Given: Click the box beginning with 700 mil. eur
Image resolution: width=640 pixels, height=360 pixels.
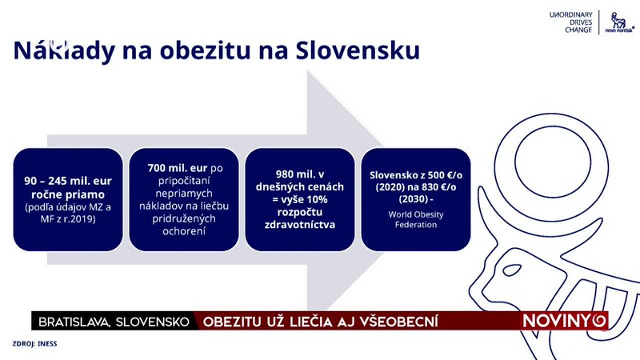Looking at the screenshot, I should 183,197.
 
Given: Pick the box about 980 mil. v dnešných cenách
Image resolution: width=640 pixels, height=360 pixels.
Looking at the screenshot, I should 300,197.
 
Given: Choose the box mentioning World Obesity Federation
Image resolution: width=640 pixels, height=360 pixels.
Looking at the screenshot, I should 415,197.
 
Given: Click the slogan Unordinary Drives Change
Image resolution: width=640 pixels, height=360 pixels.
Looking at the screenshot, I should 570,23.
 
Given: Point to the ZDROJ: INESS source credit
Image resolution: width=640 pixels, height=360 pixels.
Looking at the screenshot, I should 34,343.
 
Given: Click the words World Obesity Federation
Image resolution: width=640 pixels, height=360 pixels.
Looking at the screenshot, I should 415,220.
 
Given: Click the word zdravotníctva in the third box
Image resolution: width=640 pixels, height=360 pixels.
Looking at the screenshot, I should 300,226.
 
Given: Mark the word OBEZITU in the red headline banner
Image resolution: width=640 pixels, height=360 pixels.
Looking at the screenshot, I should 234,322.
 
